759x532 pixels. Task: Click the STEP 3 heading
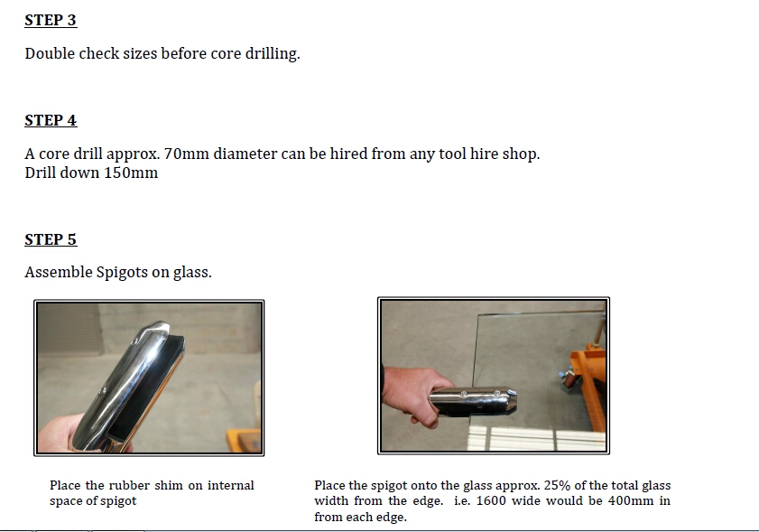point(51,21)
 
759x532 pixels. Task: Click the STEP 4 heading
point(51,120)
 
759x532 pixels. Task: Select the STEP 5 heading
point(51,239)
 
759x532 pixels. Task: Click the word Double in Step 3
point(50,53)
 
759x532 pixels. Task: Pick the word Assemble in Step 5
point(58,272)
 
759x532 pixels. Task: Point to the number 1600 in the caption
point(491,500)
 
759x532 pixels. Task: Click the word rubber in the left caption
point(125,486)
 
